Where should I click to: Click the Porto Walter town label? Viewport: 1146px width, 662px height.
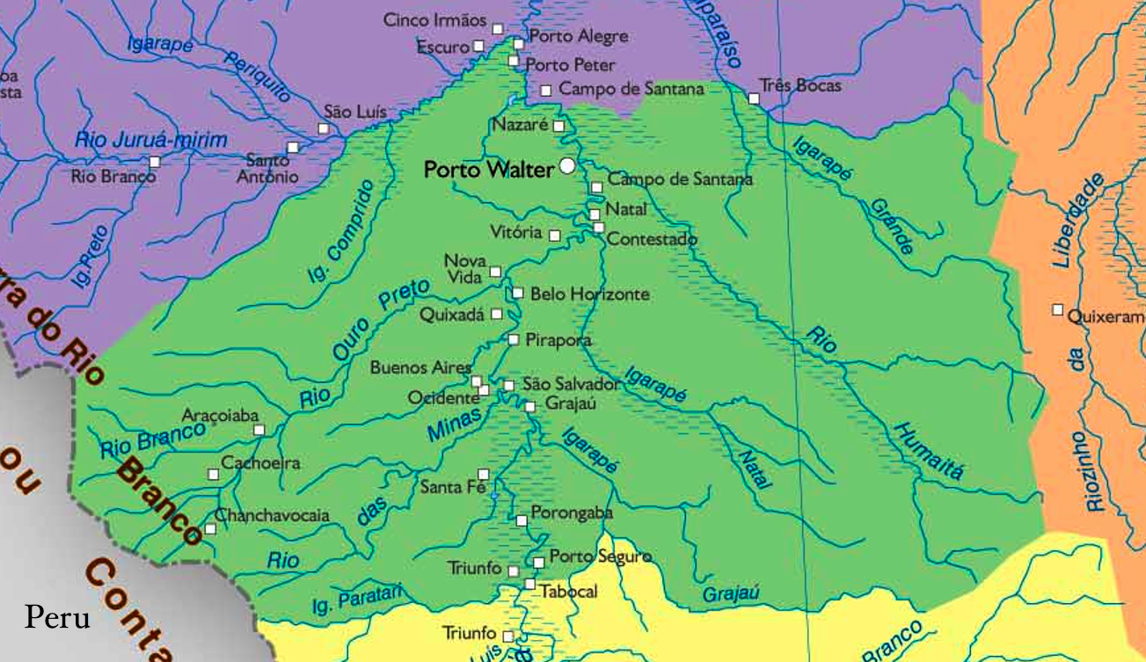(x=489, y=170)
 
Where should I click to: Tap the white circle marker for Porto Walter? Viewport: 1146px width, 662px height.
(x=568, y=165)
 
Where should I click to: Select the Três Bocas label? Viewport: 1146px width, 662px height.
(x=801, y=85)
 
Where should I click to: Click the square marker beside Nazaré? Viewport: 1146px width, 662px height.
(x=558, y=126)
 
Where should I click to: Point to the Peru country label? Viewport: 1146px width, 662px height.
(x=57, y=617)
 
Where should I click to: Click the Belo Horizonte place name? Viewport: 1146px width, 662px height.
(x=589, y=294)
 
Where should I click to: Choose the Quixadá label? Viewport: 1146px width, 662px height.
(x=452, y=315)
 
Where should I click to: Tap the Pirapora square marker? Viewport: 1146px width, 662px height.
(x=514, y=339)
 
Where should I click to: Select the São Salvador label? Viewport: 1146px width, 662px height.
(x=571, y=384)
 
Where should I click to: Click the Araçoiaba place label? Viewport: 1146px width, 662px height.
(x=220, y=415)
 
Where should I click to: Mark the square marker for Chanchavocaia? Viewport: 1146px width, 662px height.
(x=210, y=529)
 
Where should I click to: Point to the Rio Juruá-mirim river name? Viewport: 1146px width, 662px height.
(x=150, y=140)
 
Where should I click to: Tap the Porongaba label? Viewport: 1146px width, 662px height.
(x=572, y=513)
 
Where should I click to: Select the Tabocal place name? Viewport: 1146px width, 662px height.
(x=568, y=592)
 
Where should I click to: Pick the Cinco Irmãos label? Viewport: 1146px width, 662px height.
(x=434, y=20)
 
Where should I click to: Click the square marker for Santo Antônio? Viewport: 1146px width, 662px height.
(x=292, y=148)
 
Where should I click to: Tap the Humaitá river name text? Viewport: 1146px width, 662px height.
(x=928, y=450)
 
